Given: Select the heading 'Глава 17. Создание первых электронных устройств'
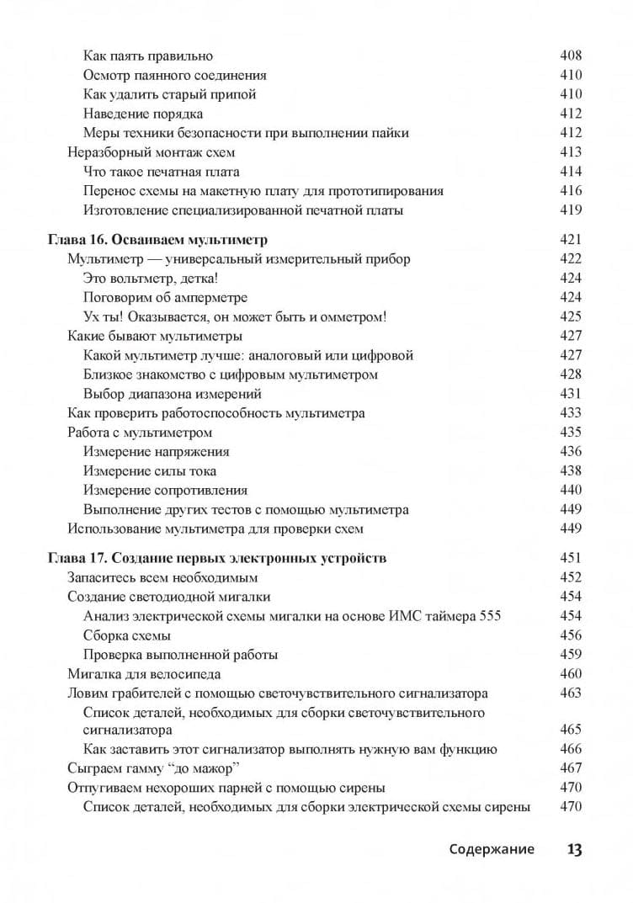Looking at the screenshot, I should tap(217, 558).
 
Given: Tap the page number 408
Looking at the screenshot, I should tap(570, 56).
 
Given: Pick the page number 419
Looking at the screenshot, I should tap(570, 210).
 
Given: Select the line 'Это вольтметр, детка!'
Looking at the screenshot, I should tap(156, 279).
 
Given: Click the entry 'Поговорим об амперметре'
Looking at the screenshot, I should tap(165, 298).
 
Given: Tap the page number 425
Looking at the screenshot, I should tap(570, 317).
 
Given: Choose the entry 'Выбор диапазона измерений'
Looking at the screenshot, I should tap(173, 394).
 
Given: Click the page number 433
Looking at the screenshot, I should tap(570, 413).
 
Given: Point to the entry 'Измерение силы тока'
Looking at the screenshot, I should tap(150, 471).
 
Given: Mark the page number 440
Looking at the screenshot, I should tap(570, 490).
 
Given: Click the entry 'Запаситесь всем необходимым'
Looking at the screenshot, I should tap(162, 578).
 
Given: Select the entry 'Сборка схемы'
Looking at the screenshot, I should tap(127, 635).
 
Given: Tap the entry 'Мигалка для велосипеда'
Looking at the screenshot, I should tap(143, 674).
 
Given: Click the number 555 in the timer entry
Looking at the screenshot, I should tap(489, 616).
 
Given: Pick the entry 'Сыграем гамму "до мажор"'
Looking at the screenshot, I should tap(152, 768).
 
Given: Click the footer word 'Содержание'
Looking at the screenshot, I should tap(492, 849).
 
